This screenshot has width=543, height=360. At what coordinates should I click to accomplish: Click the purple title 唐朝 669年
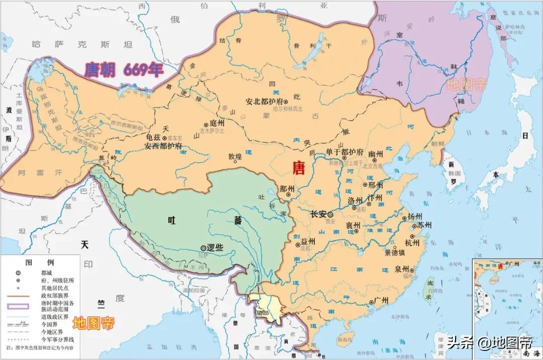click(x=124, y=70)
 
